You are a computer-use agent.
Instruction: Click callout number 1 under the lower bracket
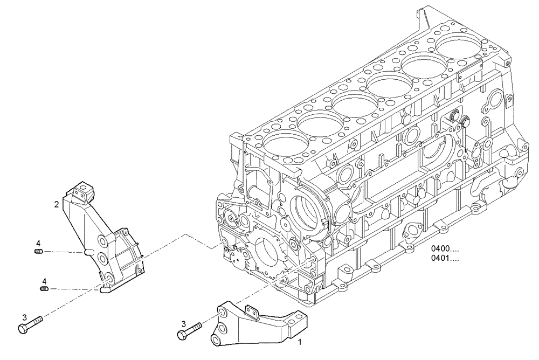[300, 342]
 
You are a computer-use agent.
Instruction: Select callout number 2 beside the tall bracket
[56, 204]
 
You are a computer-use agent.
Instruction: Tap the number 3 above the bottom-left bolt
[24, 317]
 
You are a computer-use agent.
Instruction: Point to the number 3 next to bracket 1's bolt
[184, 324]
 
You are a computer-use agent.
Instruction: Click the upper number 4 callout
[38, 243]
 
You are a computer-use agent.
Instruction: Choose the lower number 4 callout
[45, 281]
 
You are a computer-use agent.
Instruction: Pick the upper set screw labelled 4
[38, 251]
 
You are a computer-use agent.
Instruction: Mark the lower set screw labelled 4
[44, 289]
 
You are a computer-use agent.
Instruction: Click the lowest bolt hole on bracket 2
[107, 278]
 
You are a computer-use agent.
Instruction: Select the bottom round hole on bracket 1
[215, 340]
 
